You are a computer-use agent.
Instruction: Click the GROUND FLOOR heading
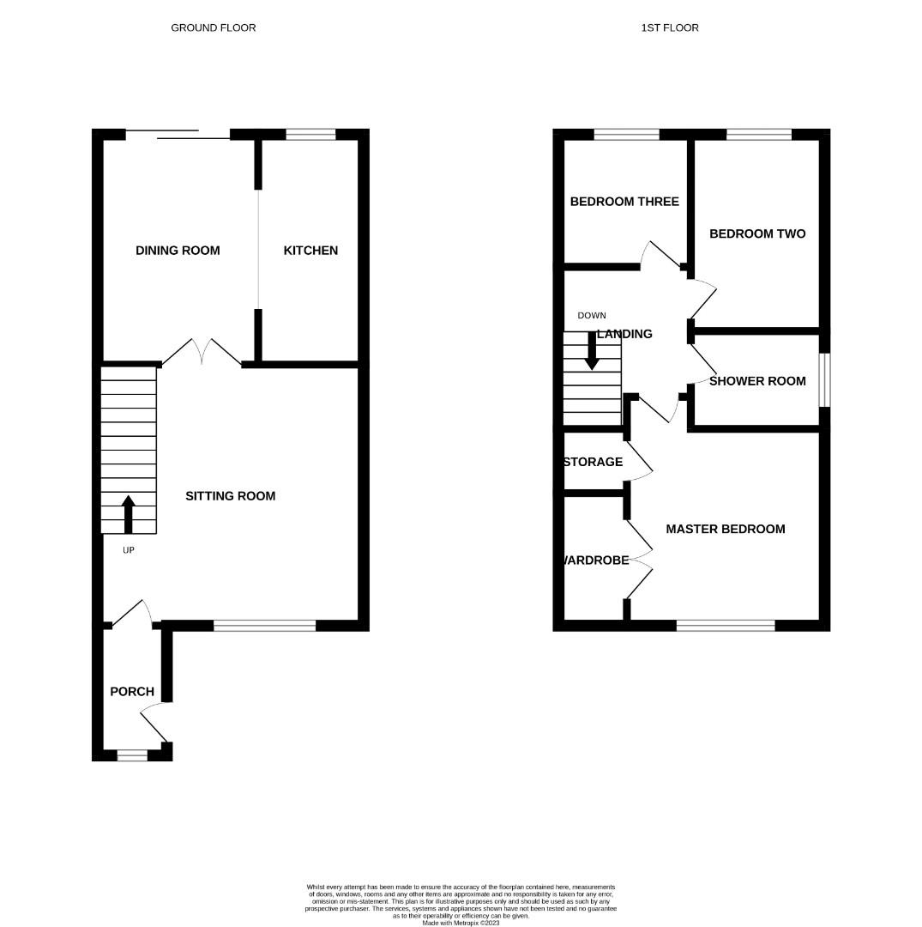pos(213,27)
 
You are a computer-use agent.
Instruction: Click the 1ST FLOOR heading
pos(669,27)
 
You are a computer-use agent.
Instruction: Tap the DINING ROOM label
pos(178,251)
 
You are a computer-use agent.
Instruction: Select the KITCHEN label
pos(310,251)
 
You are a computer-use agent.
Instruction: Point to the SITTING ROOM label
pos(231,496)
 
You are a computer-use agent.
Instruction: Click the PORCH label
pos(132,692)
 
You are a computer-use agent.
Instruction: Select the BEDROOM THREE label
pos(624,202)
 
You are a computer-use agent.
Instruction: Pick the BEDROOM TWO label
pos(757,233)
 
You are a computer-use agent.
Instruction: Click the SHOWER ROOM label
pos(757,381)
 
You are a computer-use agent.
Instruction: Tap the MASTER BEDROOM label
pos(726,529)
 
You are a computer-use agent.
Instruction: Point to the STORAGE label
pos(594,462)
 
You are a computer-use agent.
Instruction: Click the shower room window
pos(824,379)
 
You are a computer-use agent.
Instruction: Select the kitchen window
pos(310,134)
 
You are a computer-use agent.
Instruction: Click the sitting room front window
pos(264,626)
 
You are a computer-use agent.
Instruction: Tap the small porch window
pos(132,755)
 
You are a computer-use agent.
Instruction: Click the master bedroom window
pos(726,626)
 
